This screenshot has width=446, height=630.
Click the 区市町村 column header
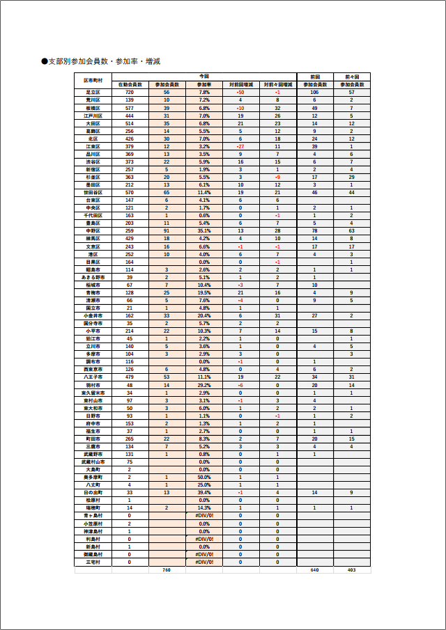[93, 80]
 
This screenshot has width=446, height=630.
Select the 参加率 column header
[204, 84]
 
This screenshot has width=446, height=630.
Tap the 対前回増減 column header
[240, 84]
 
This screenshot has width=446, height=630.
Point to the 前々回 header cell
[352, 76]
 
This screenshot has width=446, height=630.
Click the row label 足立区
[93, 92]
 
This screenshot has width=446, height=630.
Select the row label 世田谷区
[93, 192]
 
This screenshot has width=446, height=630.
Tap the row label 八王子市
[93, 377]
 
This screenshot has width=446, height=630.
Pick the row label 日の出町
[93, 492]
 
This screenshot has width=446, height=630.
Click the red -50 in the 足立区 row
[240, 92]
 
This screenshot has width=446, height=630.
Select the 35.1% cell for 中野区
[204, 230]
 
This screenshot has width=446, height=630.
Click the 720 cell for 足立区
[130, 92]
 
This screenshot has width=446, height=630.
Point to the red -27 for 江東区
[240, 146]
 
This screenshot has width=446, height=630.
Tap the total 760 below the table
[167, 570]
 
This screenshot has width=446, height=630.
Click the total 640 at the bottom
[314, 570]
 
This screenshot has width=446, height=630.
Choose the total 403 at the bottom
[352, 570]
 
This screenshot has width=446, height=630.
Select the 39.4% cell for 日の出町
[204, 492]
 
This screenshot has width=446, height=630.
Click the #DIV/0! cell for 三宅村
[204, 562]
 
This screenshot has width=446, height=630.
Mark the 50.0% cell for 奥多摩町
[204, 477]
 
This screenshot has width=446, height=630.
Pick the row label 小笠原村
[93, 523]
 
